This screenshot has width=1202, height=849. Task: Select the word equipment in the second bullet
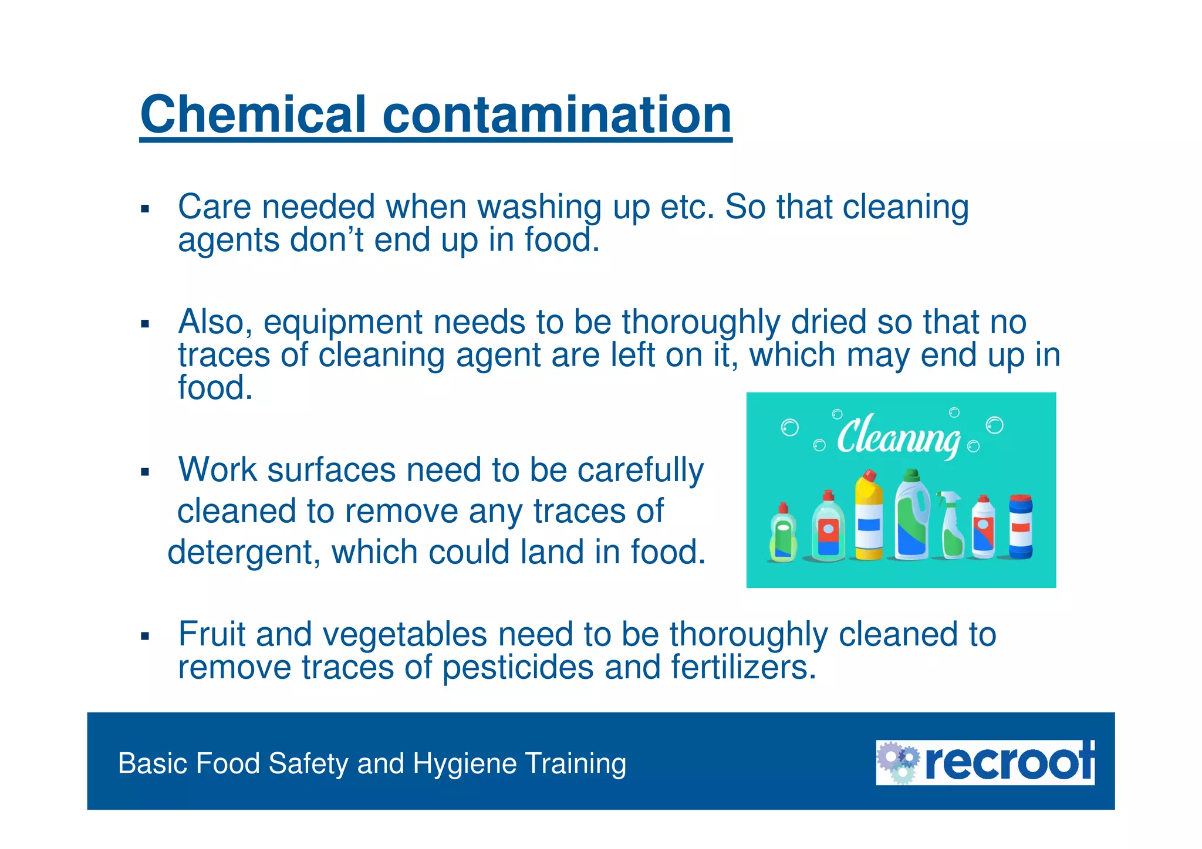[343, 323]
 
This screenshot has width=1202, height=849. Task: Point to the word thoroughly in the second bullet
[701, 323]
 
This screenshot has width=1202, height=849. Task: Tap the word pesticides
[518, 668]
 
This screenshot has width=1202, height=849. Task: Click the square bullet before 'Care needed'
[145, 209]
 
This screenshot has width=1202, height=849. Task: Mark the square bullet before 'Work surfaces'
[145, 472]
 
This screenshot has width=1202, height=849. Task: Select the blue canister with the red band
[1021, 527]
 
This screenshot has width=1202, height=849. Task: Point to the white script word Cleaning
[898, 437]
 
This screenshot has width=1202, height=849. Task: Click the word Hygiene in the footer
[465, 764]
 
